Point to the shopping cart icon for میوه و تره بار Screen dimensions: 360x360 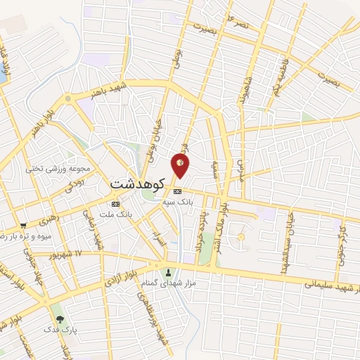[x=23, y=226]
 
